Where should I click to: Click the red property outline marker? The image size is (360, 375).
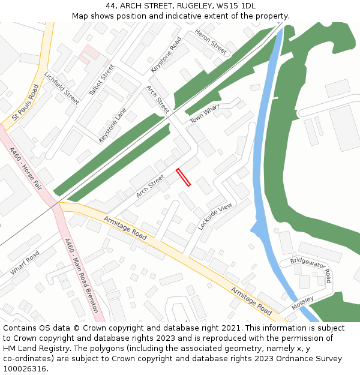[x=183, y=177]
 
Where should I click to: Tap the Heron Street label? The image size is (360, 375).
[x=211, y=42]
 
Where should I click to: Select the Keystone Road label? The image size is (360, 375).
[x=166, y=55]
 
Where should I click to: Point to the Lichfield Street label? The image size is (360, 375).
[x=62, y=88]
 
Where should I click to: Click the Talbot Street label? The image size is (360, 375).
[x=101, y=80]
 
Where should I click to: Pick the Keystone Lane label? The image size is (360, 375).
[x=113, y=125]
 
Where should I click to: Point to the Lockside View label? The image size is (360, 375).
[x=215, y=217]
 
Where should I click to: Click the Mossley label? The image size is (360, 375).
[x=302, y=303]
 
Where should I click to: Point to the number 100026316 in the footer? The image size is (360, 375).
[x=24, y=368]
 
